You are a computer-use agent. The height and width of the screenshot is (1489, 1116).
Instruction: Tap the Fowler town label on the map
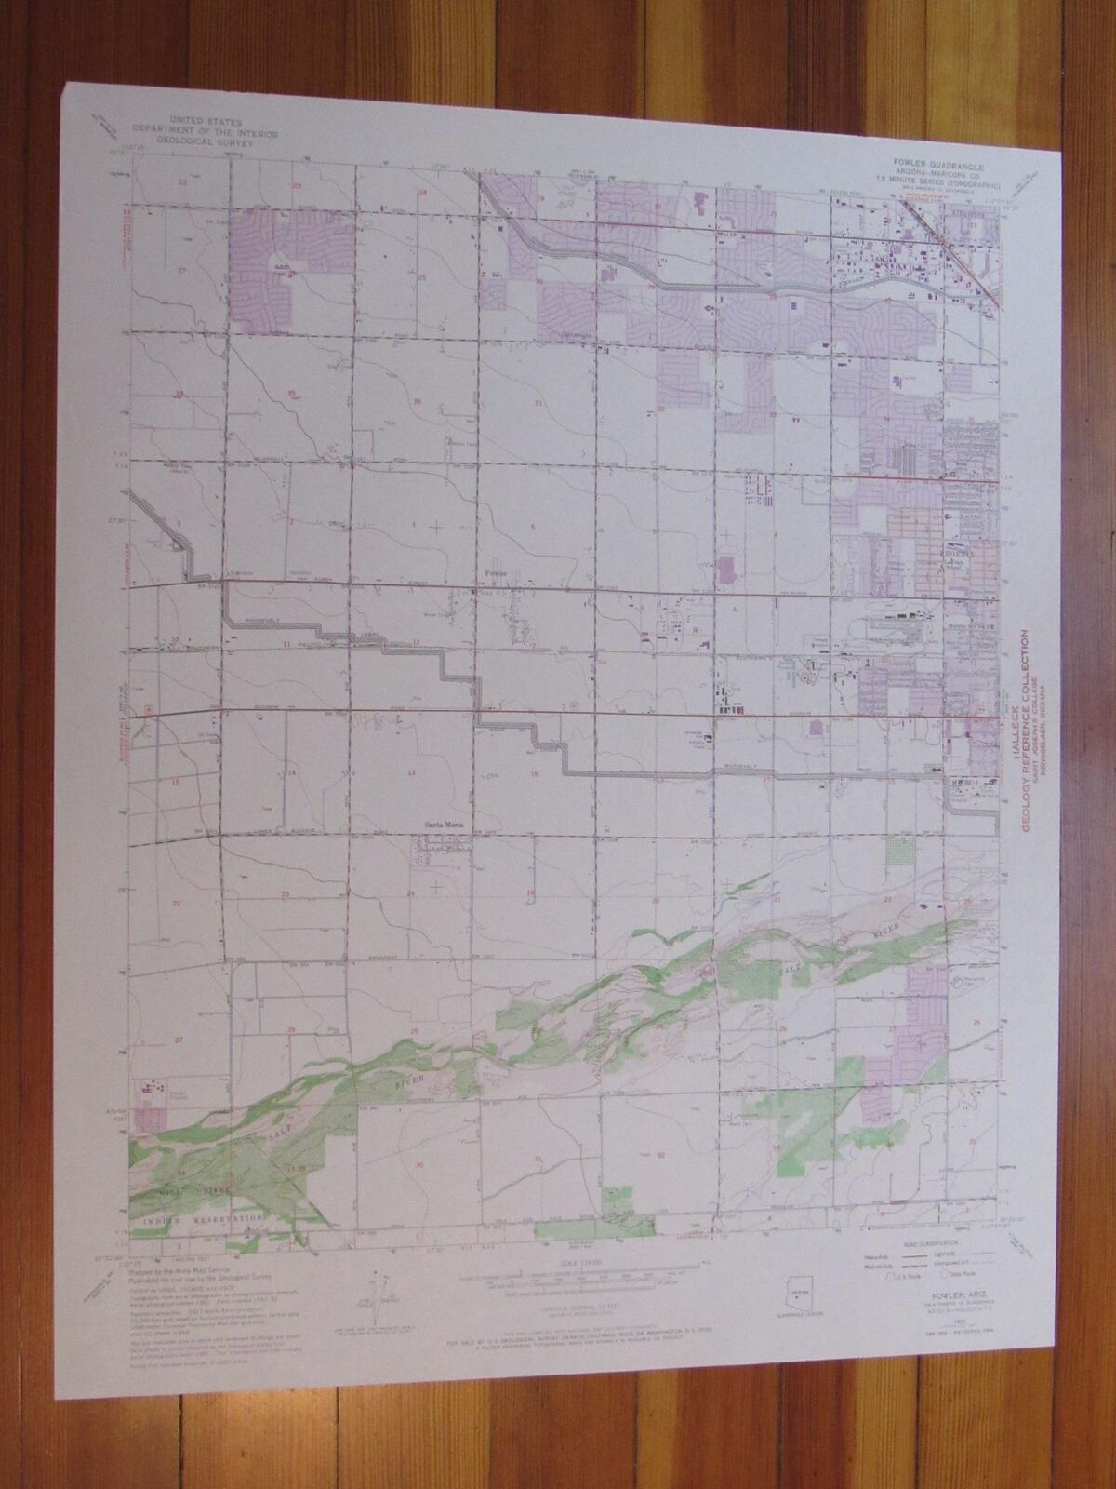[491, 574]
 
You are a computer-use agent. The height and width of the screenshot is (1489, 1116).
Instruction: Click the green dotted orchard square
[897, 851]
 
